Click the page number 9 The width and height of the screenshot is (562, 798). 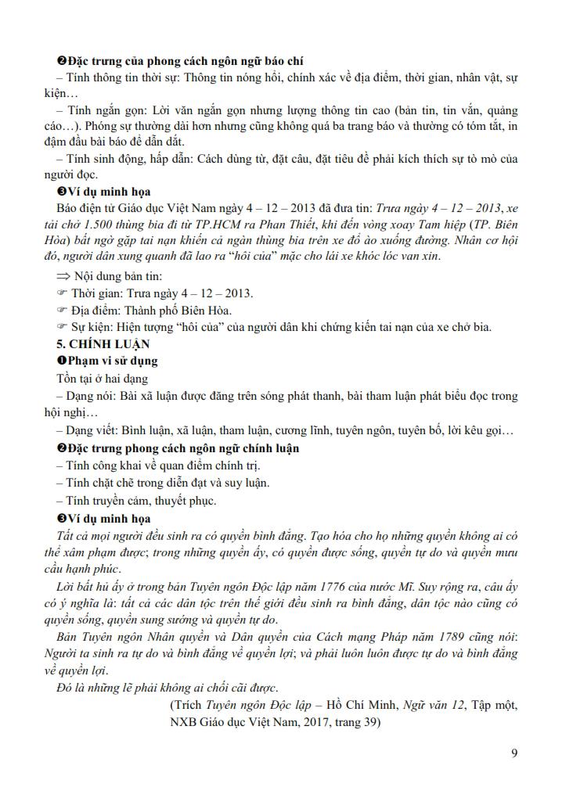click(x=513, y=753)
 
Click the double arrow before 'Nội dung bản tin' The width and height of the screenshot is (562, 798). click(x=63, y=278)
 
